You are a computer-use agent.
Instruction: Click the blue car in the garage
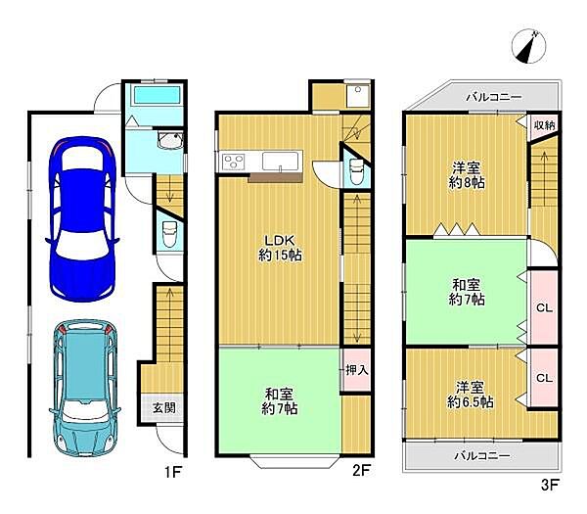point(82,219)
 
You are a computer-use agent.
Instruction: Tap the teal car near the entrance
point(84,388)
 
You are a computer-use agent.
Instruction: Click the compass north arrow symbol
point(528,46)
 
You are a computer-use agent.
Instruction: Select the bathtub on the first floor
point(158,96)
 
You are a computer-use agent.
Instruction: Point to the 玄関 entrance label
point(164,407)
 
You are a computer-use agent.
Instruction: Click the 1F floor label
point(173,472)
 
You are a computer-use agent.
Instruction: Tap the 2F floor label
point(361,471)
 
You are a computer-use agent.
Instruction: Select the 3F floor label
point(550,486)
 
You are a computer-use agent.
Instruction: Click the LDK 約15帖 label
point(280,248)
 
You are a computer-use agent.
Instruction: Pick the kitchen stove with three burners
point(233,162)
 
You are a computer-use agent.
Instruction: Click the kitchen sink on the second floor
point(280,162)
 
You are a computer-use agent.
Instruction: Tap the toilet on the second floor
point(356,171)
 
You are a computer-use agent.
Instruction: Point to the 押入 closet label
point(357,370)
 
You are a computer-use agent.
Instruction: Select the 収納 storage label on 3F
point(544,125)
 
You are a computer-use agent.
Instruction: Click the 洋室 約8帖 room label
point(467,175)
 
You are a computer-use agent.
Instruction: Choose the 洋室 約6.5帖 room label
point(471,395)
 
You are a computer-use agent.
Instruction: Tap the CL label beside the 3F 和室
point(544,308)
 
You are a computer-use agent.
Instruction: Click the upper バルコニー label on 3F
point(494,97)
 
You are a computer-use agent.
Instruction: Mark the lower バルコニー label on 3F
point(482,456)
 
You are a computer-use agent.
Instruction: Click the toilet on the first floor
point(169,234)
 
